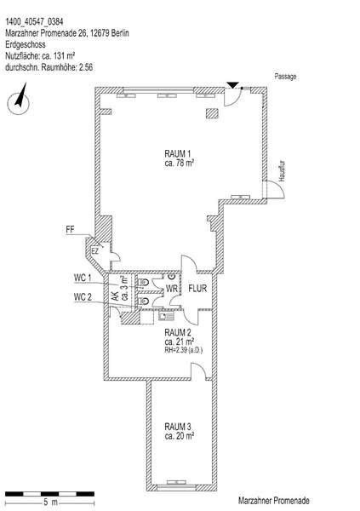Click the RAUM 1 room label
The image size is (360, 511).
178,153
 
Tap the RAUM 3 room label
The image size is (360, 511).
178,427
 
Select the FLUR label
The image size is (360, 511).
197,288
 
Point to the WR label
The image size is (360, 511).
172,289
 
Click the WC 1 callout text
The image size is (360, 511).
83,278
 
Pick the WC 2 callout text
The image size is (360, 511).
83,297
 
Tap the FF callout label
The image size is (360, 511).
70,229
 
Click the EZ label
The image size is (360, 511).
94,251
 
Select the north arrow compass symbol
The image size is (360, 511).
19,100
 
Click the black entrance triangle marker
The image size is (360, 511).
232,85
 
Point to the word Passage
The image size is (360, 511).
285,77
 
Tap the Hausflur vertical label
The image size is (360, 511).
283,171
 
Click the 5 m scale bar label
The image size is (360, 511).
50,502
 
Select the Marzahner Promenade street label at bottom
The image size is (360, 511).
274,500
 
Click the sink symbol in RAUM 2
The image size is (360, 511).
167,315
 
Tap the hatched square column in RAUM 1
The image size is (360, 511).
213,112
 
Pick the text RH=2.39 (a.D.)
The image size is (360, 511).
184,350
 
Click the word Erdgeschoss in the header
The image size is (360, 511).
26,44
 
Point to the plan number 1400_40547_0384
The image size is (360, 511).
34,21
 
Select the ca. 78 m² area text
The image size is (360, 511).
180,163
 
